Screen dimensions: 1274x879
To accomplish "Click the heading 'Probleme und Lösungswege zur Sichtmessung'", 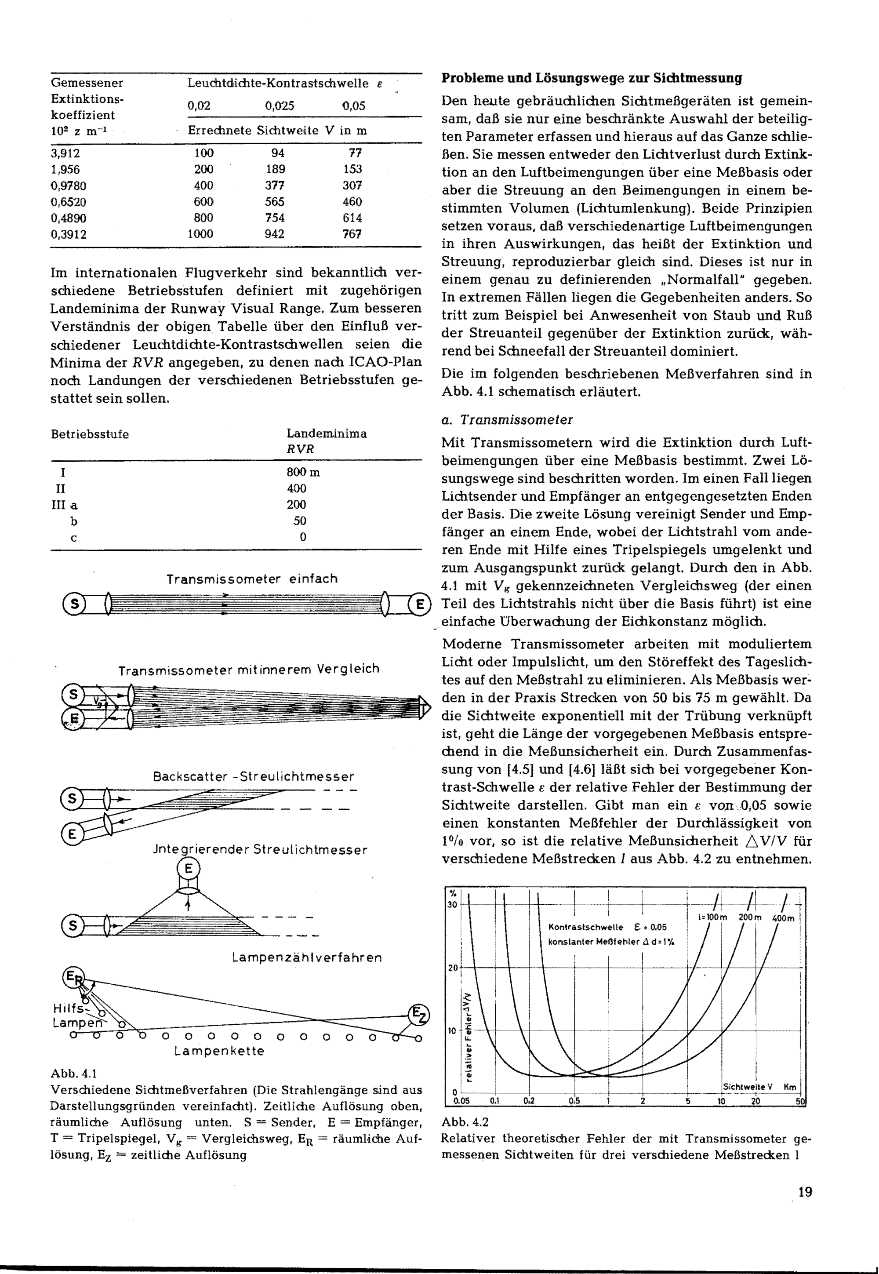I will pyautogui.click(x=592, y=78).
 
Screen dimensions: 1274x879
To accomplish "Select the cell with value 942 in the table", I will pyautogui.click(x=274, y=234).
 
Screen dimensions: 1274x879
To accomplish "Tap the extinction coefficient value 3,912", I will pyautogui.click(x=65, y=153).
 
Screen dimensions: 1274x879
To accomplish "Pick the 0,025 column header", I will pyautogui.click(x=280, y=106).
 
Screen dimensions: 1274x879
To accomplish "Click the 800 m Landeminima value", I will pyautogui.click(x=303, y=472).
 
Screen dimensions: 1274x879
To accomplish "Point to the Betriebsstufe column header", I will pyautogui.click(x=90, y=434).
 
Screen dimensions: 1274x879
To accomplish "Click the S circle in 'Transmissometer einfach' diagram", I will pyautogui.click(x=74, y=605).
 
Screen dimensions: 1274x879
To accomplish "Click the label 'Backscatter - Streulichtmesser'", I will pyautogui.click(x=253, y=777).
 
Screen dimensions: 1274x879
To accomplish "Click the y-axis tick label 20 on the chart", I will pyautogui.click(x=452, y=968).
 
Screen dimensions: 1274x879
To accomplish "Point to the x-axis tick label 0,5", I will pyautogui.click(x=574, y=1102).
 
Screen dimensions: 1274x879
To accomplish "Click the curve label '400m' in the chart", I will pyautogui.click(x=783, y=918).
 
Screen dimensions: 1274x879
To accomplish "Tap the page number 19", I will pyautogui.click(x=804, y=1192).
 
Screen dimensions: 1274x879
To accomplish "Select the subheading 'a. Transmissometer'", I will pyautogui.click(x=507, y=420).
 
